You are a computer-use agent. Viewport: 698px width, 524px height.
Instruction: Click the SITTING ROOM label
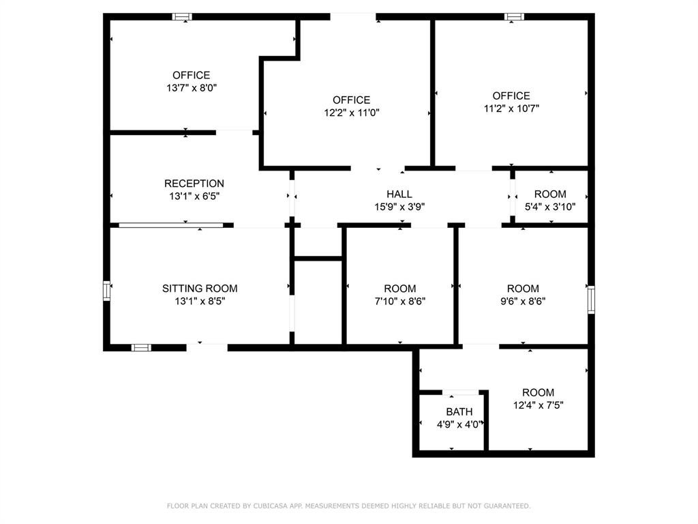pos(200,289)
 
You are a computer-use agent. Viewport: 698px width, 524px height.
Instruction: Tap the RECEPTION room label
pos(194,184)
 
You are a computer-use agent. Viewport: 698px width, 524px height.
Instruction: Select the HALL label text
pos(399,194)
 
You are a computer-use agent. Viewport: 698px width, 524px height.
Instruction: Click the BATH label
pos(459,412)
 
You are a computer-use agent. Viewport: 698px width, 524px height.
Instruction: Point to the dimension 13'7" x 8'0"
pos(192,88)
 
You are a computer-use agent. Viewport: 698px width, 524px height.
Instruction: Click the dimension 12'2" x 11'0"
pos(351,113)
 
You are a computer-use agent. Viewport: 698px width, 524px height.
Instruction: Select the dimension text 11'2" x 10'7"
pos(511,108)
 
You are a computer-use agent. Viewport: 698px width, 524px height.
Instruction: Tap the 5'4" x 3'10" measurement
pos(550,207)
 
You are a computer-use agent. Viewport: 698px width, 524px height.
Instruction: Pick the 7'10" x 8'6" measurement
pos(399,301)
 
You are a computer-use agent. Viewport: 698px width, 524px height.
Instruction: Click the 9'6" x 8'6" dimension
pos(523,301)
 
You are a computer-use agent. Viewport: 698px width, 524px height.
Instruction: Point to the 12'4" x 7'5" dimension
pos(538,405)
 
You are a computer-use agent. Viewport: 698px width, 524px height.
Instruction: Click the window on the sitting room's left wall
pos(106,290)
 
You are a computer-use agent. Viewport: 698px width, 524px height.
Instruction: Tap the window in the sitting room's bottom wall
pos(140,347)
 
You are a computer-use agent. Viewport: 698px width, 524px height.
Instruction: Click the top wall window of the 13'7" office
pos(181,16)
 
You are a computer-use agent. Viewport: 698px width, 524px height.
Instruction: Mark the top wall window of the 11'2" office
pos(514,16)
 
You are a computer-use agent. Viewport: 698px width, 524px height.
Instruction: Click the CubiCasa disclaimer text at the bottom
pos(348,506)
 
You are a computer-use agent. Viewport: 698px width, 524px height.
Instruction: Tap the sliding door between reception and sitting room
pos(170,224)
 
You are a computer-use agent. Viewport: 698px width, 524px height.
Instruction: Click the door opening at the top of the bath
pos(464,392)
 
